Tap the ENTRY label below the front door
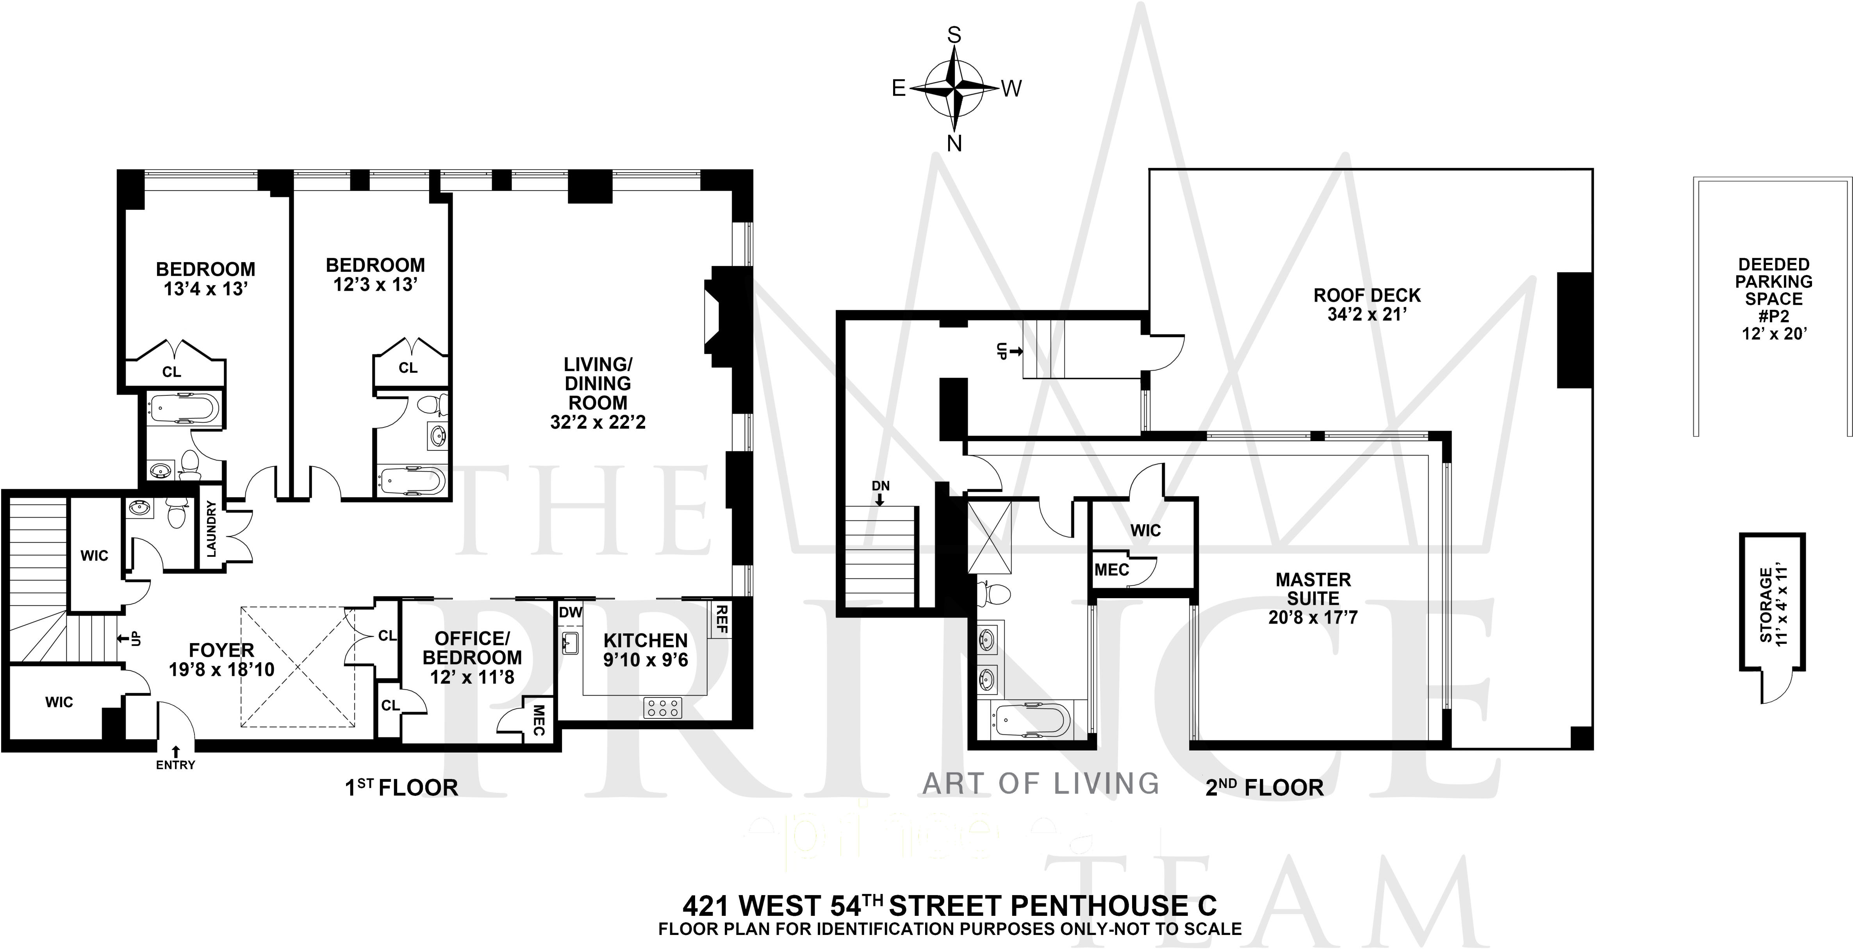pos(175,765)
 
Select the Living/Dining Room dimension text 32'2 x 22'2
pos(598,422)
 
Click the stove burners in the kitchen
pos(662,707)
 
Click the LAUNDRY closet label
pos(212,529)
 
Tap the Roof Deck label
pos(1367,296)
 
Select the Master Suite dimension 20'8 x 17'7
pos(1313,617)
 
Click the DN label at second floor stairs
pos(881,486)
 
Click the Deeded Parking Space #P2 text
pos(1774,298)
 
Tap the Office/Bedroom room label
pos(472,647)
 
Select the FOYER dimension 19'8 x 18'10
pos(221,670)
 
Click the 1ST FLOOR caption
pos(401,788)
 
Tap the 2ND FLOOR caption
pos(1264,788)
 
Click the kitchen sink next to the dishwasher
pos(571,643)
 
